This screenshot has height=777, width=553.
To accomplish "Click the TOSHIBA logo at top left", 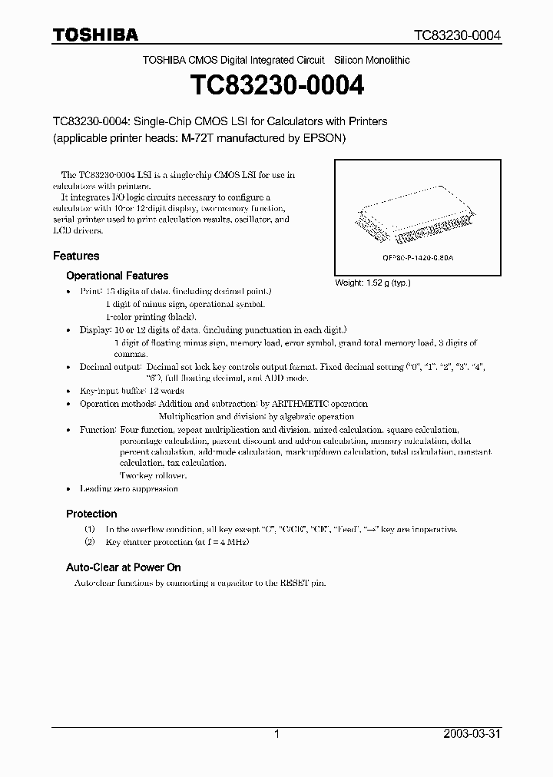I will pos(95,35).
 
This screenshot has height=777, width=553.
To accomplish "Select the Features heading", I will pos(76,256).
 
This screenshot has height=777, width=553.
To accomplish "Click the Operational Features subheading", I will pos(117,276).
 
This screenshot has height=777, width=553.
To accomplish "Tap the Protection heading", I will pos(91,514).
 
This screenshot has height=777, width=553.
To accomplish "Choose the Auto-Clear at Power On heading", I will pos(123,567).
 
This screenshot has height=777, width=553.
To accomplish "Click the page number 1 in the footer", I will pos(276,734).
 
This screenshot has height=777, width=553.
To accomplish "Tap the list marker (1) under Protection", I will pos(90,530).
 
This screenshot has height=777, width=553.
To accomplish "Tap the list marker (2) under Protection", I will pos(90,543).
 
